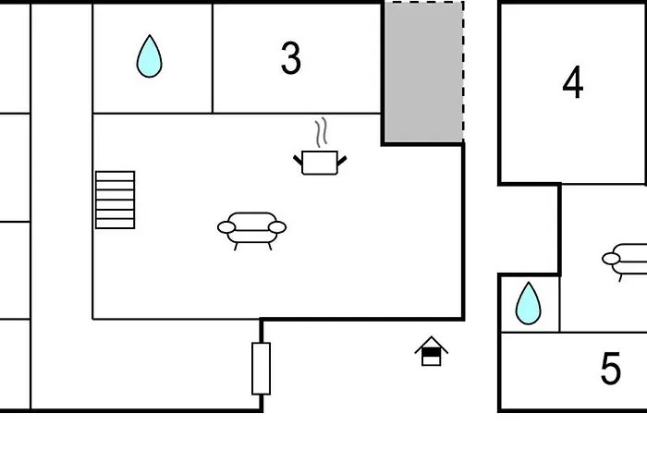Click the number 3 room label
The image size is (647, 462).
click(x=290, y=59)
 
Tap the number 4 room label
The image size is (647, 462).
click(x=573, y=83)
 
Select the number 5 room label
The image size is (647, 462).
click(x=610, y=370)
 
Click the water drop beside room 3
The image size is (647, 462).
click(x=149, y=56)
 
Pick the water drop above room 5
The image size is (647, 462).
click(x=528, y=303)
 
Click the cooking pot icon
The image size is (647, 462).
click(x=321, y=163)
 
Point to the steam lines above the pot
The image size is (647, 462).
click(x=321, y=133)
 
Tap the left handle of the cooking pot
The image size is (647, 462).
click(x=299, y=161)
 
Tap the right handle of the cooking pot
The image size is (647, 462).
click(x=342, y=161)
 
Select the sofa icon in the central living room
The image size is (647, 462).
click(x=251, y=228)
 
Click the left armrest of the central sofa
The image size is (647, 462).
click(x=226, y=226)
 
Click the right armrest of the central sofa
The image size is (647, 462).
click(x=277, y=226)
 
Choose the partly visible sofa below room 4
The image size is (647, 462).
click(x=629, y=260)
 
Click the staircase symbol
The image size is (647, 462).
click(x=116, y=200)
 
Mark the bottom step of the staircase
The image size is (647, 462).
click(x=116, y=223)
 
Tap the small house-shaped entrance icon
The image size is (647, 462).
click(x=431, y=351)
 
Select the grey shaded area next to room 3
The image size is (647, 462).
click(x=423, y=72)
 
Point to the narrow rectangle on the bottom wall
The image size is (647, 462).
click(x=261, y=368)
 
